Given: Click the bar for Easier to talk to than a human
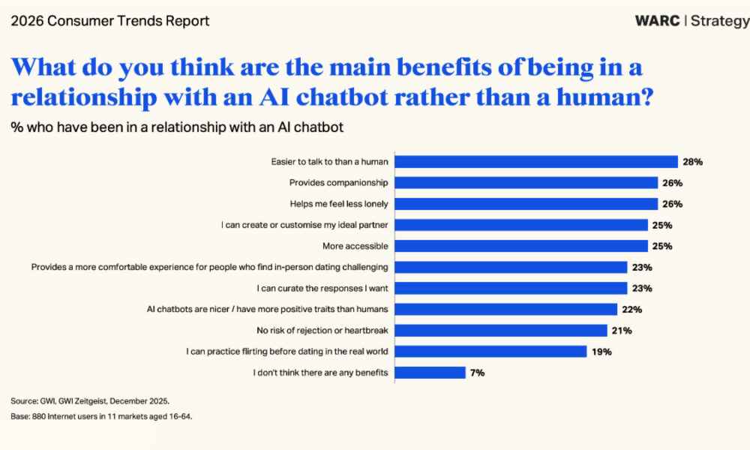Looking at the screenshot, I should click(535, 161).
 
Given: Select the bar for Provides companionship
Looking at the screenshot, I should click(526, 182).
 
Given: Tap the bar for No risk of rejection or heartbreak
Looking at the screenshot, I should click(500, 330).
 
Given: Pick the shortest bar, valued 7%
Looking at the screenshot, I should click(430, 372).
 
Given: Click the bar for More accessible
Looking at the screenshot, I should click(520, 246).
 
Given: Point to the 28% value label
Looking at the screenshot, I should click(692, 161).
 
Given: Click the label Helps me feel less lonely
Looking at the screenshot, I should click(339, 203).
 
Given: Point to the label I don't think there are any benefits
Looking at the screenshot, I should click(320, 372).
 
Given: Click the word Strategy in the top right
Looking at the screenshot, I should click(719, 21).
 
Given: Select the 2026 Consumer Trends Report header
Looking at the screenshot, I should click(110, 21).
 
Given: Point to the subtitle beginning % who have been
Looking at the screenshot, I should click(177, 127).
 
